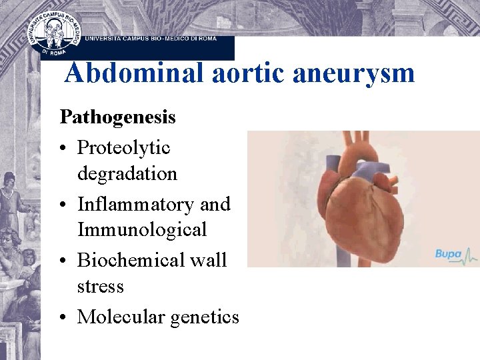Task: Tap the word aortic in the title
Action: (243, 73)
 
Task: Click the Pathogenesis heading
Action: (118, 118)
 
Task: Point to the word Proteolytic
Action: (124, 147)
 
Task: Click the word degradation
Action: (127, 174)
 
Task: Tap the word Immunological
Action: (142, 230)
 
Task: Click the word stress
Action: (101, 287)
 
